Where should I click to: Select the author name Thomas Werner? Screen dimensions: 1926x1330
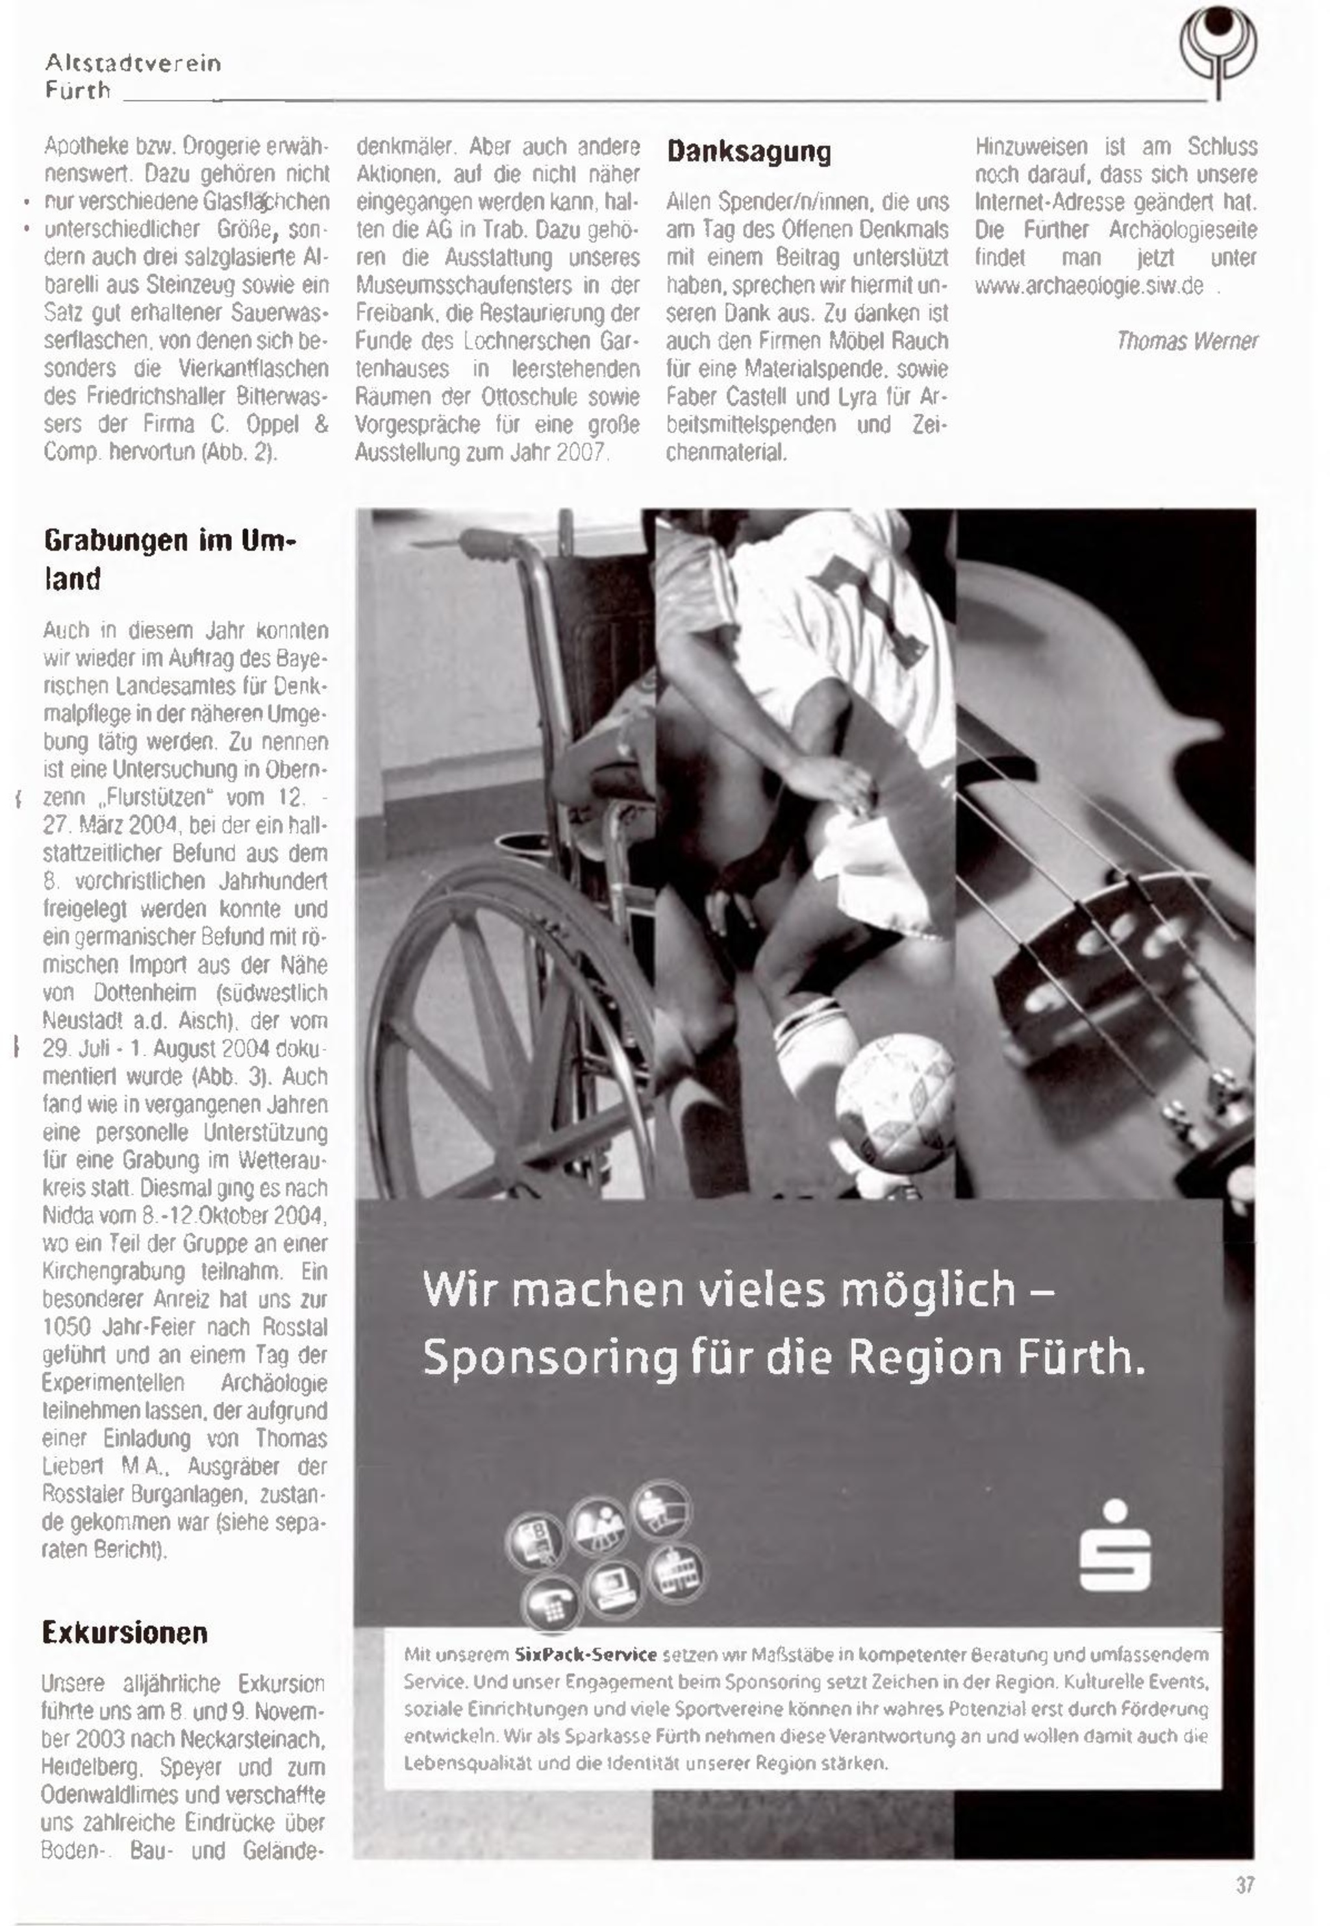coord(1186,341)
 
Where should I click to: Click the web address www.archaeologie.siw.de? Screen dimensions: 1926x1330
coord(1089,286)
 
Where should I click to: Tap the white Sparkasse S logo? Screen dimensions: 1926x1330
coord(1114,1546)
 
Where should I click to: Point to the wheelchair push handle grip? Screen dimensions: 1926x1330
coord(491,548)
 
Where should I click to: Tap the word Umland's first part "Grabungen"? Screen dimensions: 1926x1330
coord(117,541)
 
